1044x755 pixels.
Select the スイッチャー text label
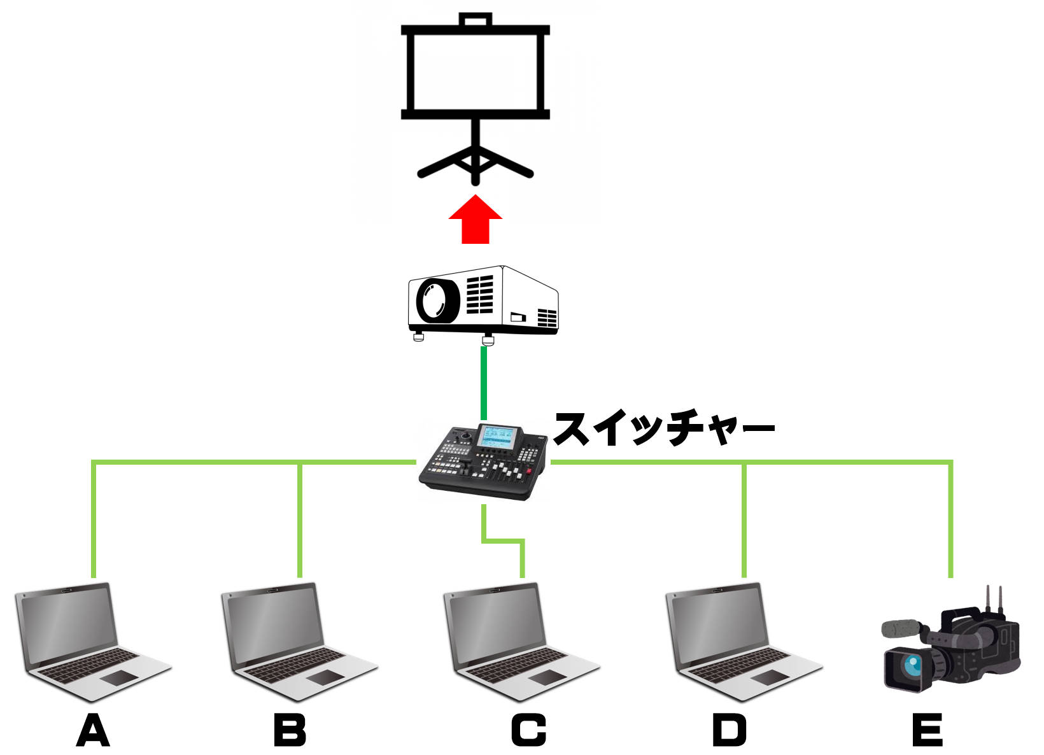click(664, 428)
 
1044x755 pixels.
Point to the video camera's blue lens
click(913, 667)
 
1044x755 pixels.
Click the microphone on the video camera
click(900, 628)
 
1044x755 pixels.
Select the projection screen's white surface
click(475, 71)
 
